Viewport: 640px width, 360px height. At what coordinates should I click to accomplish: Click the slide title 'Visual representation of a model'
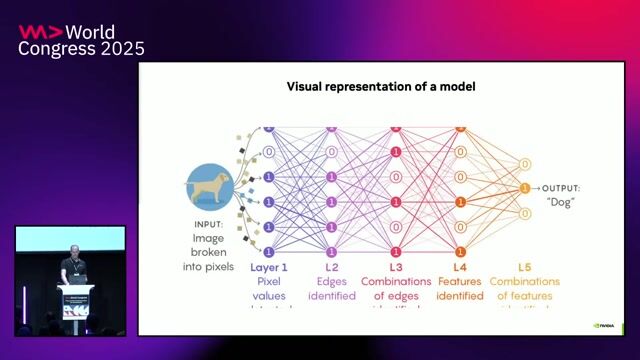click(380, 87)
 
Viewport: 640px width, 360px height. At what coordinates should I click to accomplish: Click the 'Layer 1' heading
click(268, 268)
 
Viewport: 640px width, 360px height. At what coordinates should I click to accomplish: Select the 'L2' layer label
click(332, 268)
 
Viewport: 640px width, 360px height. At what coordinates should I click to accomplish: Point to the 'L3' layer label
click(396, 268)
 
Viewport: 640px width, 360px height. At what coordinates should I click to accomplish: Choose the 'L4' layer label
click(459, 268)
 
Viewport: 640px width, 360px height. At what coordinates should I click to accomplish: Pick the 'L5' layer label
click(524, 268)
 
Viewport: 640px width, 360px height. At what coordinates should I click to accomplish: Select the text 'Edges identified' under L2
click(332, 289)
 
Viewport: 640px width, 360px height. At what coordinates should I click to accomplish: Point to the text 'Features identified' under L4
click(459, 289)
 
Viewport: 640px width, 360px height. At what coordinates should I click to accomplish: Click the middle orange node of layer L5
click(524, 188)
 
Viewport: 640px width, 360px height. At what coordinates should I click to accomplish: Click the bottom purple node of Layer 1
click(268, 251)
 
